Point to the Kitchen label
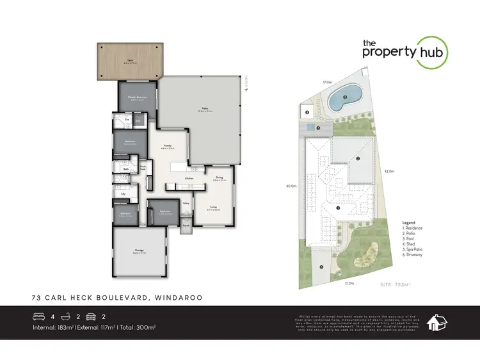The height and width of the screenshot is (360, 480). tap(189, 178)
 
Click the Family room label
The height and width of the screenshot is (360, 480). tap(167, 145)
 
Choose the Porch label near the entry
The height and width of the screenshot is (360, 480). tap(186, 225)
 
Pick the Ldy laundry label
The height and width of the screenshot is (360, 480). tap(122, 193)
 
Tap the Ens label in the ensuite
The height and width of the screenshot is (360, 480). tap(127, 120)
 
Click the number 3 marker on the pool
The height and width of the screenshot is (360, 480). tap(344, 97)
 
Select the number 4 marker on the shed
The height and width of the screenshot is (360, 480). tap(307, 112)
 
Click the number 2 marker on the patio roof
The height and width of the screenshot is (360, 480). tap(358, 158)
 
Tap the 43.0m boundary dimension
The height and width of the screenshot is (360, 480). tap(388, 171)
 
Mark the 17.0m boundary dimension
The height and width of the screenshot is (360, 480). tap(327, 82)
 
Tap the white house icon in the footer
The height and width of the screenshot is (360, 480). tap(438, 323)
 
